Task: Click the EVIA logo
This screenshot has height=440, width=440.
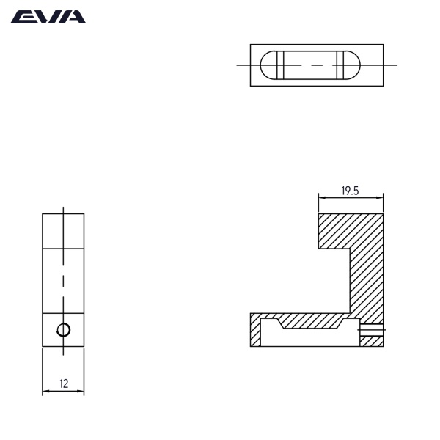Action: (x=48, y=17)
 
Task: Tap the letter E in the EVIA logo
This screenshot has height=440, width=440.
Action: (x=21, y=17)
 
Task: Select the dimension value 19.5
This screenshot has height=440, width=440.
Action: (x=350, y=191)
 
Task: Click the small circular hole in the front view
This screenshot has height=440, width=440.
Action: (x=64, y=330)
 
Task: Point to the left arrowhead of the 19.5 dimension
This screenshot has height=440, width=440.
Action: (x=320, y=197)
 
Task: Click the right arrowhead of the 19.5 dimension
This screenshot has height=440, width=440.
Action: (x=382, y=197)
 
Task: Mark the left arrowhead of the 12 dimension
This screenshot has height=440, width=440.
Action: (x=45, y=392)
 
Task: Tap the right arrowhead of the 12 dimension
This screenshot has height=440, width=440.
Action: (x=82, y=392)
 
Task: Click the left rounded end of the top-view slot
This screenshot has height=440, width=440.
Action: (x=269, y=65)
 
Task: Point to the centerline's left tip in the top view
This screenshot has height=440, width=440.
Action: (x=238, y=65)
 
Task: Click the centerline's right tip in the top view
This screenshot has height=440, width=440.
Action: (x=396, y=65)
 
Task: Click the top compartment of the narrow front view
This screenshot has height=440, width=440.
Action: (x=63, y=231)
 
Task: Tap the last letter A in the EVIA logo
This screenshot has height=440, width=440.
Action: (x=75, y=17)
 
